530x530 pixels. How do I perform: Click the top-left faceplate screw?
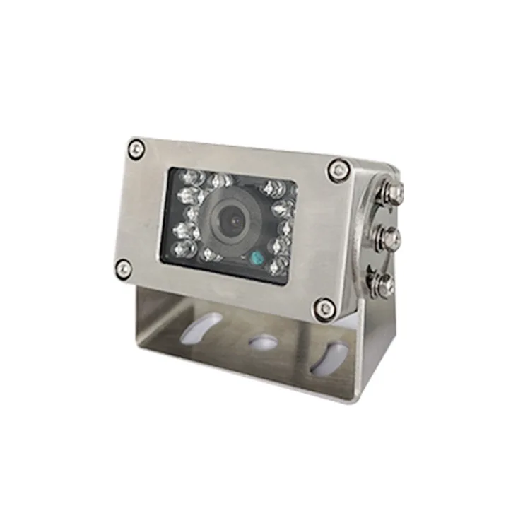point(137,148)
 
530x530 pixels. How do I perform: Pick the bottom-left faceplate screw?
point(124,267)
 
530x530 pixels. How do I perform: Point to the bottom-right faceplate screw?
point(324,307)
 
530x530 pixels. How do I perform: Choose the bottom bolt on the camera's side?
point(385,285)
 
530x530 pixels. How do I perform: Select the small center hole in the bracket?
point(264,342)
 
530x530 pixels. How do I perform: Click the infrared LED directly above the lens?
point(224,182)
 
